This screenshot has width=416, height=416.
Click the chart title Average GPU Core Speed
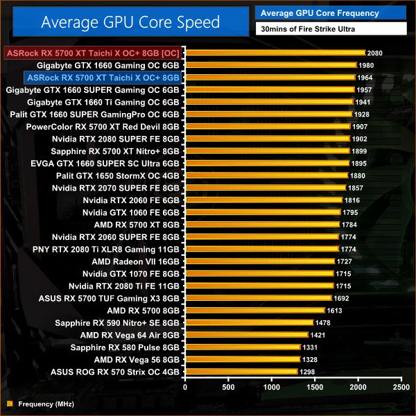130,22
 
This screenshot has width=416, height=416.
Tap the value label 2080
375,53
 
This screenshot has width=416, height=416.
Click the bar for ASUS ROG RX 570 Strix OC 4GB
241,372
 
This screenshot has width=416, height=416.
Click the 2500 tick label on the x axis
401,387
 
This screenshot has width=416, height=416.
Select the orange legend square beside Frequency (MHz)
9,403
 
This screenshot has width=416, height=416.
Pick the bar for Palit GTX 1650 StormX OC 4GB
266,175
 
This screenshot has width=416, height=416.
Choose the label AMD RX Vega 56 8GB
137,359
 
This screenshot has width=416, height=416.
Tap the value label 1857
356,188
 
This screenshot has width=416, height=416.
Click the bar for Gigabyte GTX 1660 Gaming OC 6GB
270,65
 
